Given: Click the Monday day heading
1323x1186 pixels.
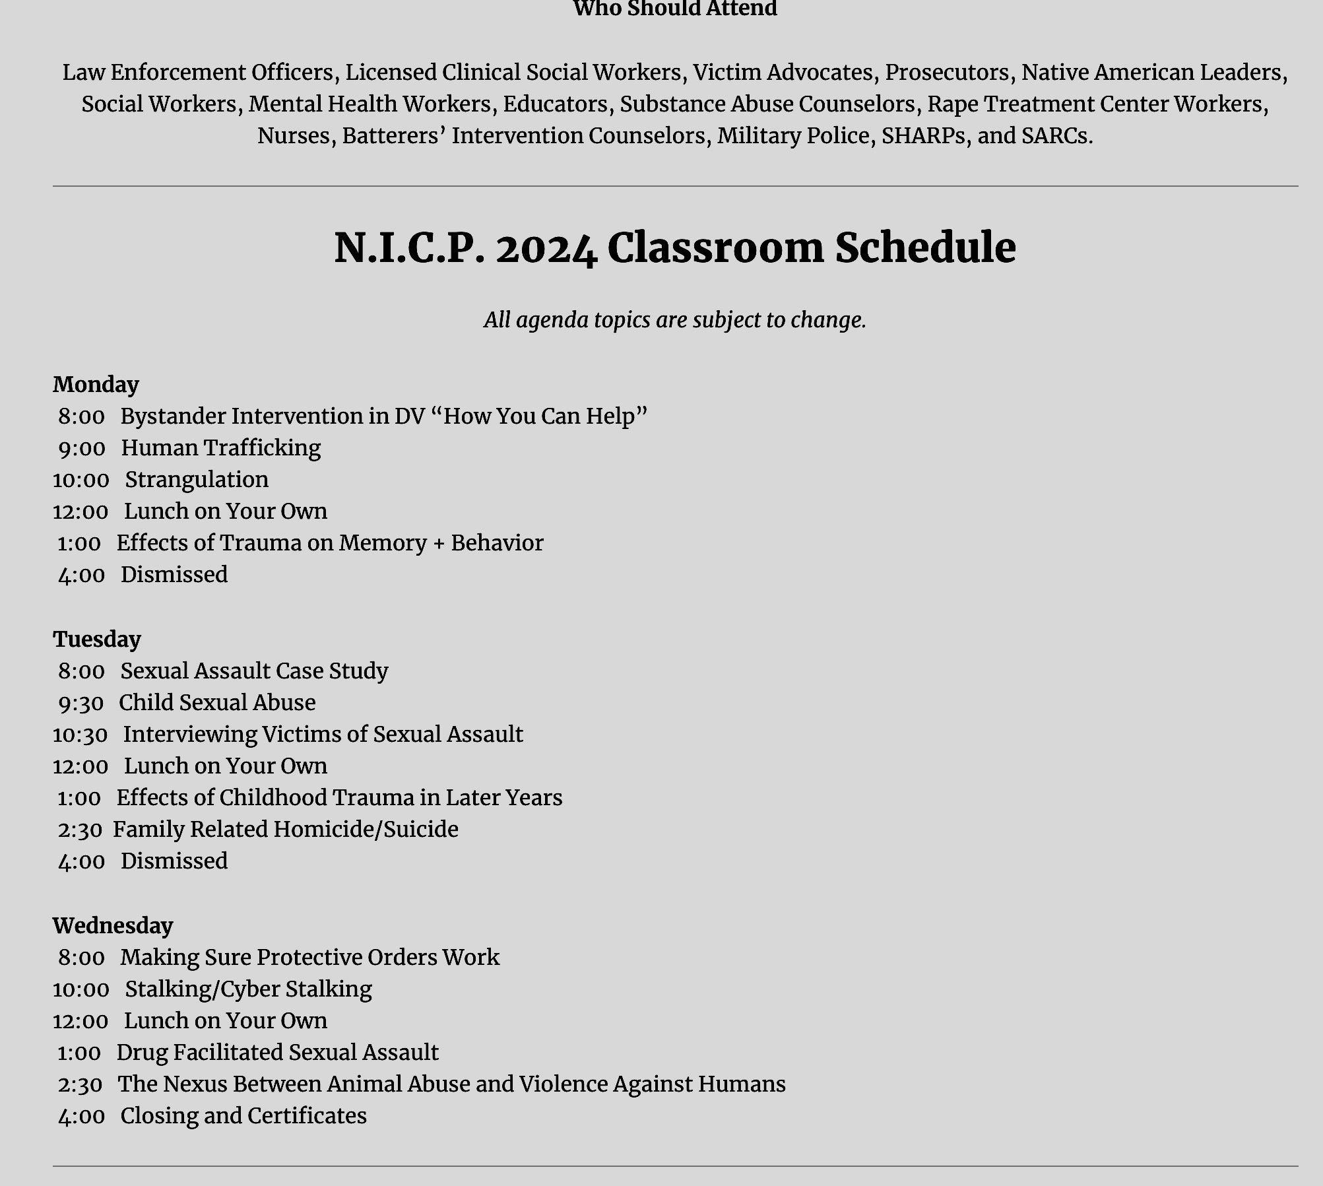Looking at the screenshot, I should coord(96,384).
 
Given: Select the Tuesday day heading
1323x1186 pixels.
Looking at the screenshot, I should coord(97,639).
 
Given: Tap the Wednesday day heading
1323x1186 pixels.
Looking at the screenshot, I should coord(113,925).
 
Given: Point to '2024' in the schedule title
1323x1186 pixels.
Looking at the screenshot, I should coord(546,249).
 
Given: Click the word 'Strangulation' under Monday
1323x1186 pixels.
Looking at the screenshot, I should coord(197,479).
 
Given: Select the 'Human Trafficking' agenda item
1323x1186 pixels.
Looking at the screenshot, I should coord(221,447).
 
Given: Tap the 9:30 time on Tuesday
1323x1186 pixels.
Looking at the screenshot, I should coord(81,703).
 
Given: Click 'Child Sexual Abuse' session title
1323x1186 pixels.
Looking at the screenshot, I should coord(217,702).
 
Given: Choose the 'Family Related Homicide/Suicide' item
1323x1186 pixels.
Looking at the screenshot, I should coord(286,829).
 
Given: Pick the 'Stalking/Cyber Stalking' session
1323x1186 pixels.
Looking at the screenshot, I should coord(249,989).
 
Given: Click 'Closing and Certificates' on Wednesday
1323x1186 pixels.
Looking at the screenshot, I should coord(243,1115).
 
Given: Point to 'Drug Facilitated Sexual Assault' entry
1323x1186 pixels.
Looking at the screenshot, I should coord(278,1052).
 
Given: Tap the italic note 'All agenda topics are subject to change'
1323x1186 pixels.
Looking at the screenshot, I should coord(674,320).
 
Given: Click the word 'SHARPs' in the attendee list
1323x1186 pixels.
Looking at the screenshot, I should coord(923,135).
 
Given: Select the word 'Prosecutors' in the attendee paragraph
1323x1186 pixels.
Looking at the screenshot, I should coord(947,72).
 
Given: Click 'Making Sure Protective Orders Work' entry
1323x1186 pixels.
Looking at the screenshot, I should coord(310,957).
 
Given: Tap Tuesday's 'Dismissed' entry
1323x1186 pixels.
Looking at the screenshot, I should coord(174,861).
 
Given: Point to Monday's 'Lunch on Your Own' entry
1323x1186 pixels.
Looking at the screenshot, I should coord(226,511).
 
